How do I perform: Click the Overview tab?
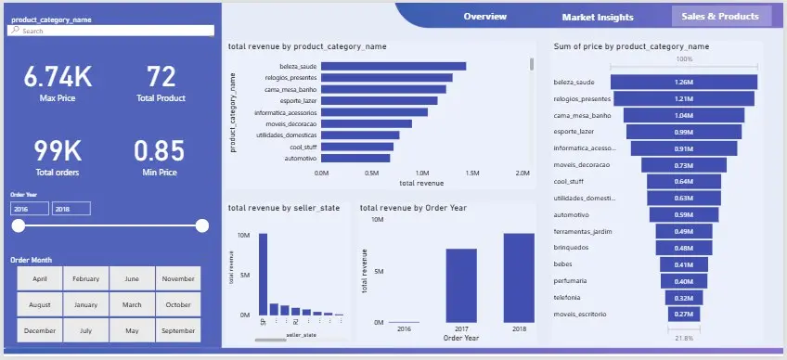coord(484,17)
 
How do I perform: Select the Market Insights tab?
coord(598,17)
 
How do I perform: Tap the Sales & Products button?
coord(721,16)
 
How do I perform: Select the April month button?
coord(40,278)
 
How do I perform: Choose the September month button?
coord(176,330)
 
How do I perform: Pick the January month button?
coord(85,304)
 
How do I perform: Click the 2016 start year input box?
coord(30,209)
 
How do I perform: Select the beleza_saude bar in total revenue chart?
coord(393,66)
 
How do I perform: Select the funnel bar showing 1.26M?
coord(684,82)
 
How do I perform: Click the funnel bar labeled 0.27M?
coord(684,315)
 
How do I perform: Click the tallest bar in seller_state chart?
coord(263,275)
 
